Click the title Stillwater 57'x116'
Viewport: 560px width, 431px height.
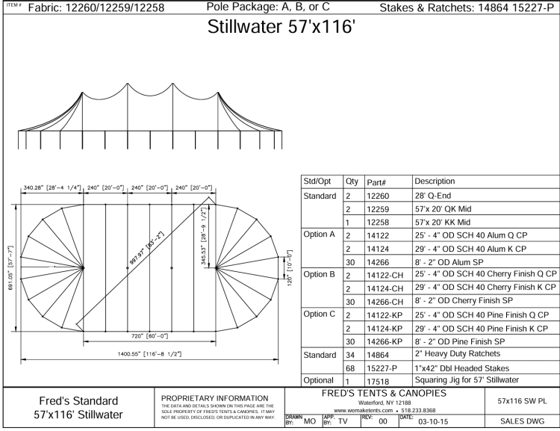coord(281,26)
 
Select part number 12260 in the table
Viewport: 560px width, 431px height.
coord(378,196)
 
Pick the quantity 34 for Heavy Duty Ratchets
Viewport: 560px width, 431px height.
coord(350,356)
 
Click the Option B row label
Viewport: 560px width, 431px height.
coord(319,274)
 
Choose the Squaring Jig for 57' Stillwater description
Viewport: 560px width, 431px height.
coord(467,380)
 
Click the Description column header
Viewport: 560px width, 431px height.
coord(435,182)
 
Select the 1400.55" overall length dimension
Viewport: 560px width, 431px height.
coord(149,354)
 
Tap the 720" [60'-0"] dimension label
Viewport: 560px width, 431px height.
coord(149,336)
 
